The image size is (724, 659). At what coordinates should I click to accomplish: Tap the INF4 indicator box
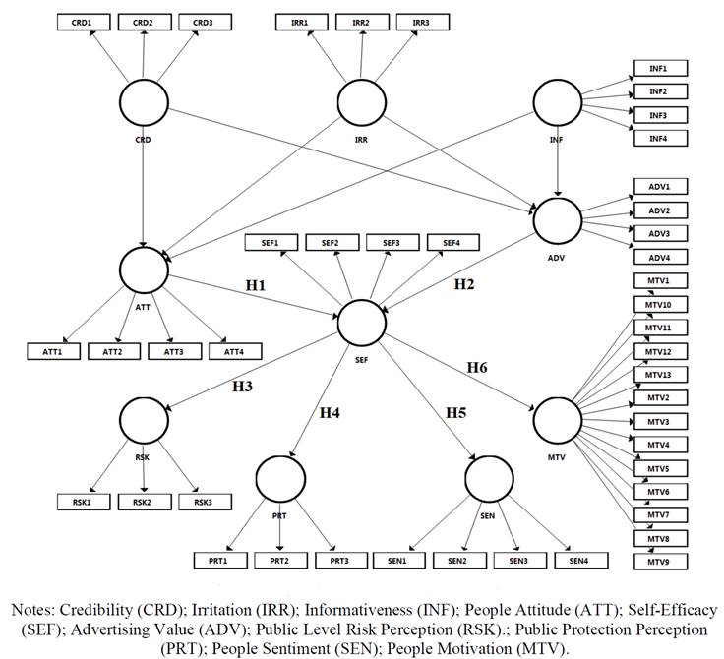click(659, 139)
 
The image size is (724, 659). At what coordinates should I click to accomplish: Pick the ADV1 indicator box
click(659, 187)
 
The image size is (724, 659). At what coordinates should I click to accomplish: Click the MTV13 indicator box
click(659, 375)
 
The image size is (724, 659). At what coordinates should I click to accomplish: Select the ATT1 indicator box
click(53, 351)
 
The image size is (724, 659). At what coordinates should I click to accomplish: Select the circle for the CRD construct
click(145, 103)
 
